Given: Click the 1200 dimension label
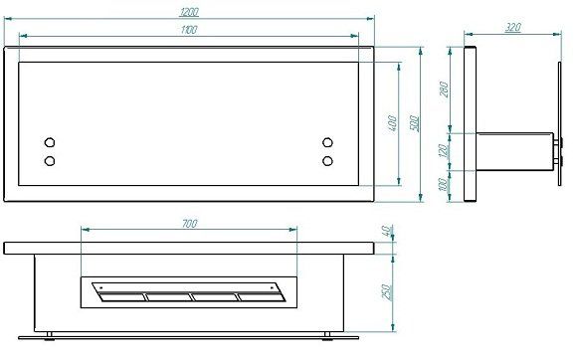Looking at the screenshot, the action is point(189,12).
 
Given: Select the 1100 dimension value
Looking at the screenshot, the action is point(189,30).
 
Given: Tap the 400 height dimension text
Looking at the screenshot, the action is point(392,123).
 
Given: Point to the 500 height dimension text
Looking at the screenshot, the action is point(414,123).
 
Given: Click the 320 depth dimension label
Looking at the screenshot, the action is point(513,28).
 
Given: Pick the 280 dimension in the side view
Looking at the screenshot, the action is point(444,90).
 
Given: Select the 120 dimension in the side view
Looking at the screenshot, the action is point(444,151).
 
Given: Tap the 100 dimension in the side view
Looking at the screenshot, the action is point(444,184).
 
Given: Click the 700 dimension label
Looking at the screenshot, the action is point(190,224).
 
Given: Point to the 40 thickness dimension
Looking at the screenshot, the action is point(387,231).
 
